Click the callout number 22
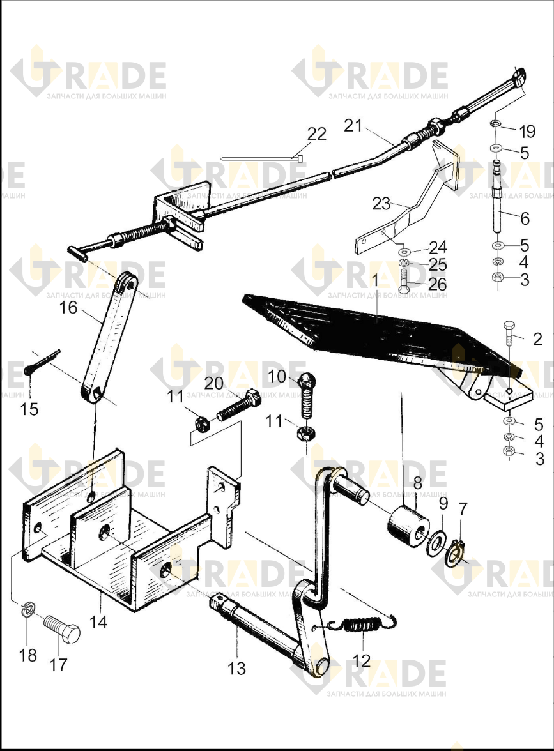(316, 133)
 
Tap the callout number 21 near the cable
(354, 125)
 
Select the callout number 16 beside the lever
(68, 308)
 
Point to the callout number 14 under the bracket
(98, 622)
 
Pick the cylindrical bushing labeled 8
(408, 526)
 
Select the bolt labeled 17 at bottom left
(62, 629)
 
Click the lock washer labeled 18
(29, 611)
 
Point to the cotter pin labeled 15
(42, 362)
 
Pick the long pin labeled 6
(498, 197)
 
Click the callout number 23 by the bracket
(381, 204)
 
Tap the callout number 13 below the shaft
(236, 668)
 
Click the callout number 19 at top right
(527, 132)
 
